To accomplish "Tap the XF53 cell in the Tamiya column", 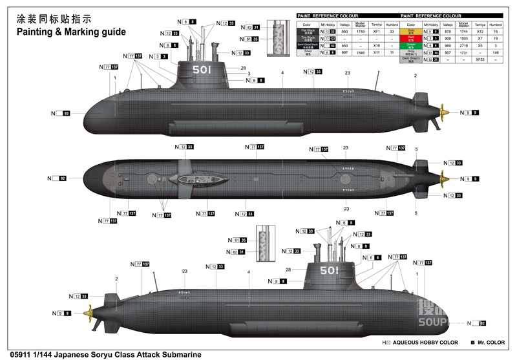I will coord(480,59).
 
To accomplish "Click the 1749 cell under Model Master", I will coord(361,31).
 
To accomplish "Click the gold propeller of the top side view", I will coord(444,112).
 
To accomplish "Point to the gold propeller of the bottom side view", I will coord(92,313).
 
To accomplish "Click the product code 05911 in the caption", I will coord(12,354).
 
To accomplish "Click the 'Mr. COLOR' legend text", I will coord(493,343).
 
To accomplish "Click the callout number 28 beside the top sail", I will coord(244,68).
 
